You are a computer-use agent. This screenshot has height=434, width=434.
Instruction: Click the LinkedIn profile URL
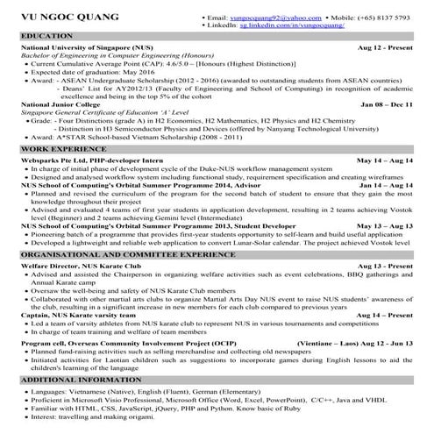[295, 25]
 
